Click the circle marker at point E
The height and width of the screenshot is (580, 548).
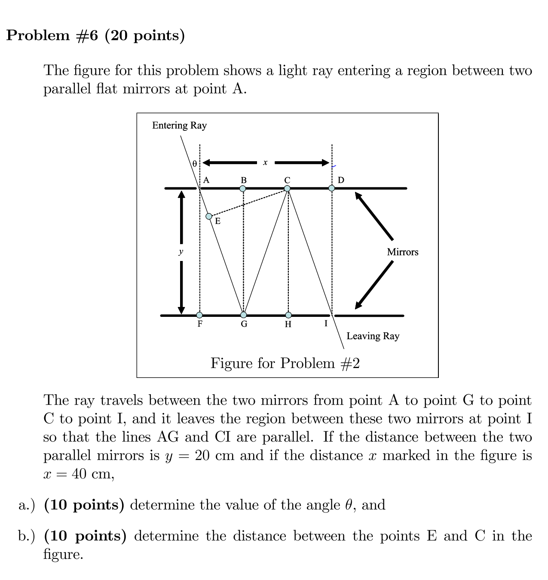209,216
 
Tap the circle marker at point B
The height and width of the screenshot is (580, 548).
243,188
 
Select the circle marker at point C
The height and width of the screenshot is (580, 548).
287,188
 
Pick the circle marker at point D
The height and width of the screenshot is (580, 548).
331,188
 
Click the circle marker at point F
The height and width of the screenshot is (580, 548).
199,315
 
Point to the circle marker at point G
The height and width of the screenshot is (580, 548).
244,315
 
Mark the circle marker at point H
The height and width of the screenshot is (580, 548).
288,315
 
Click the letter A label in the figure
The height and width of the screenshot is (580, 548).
206,180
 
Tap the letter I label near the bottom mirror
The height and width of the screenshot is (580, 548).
326,323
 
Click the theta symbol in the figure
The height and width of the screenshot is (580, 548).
194,164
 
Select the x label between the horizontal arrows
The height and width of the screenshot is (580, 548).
265,163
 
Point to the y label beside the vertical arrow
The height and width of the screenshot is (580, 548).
181,252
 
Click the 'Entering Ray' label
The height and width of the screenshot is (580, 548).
179,125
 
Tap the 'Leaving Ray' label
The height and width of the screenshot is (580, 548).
373,336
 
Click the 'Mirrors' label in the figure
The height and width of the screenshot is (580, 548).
402,252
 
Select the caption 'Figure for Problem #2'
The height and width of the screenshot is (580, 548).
285,363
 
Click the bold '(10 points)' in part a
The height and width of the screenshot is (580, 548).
84,505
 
